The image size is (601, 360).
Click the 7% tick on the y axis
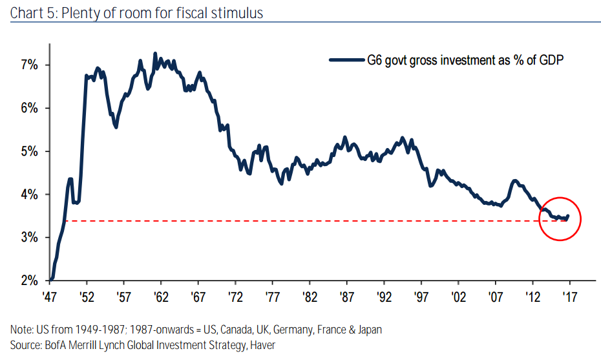(x=30, y=65)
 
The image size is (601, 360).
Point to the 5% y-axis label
(x=30, y=151)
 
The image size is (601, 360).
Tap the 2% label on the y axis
(x=30, y=281)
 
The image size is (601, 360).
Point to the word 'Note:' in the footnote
(x=22, y=330)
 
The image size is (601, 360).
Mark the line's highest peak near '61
(x=155, y=54)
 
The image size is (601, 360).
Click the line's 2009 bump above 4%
(x=515, y=181)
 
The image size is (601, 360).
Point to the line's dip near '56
(x=116, y=127)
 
